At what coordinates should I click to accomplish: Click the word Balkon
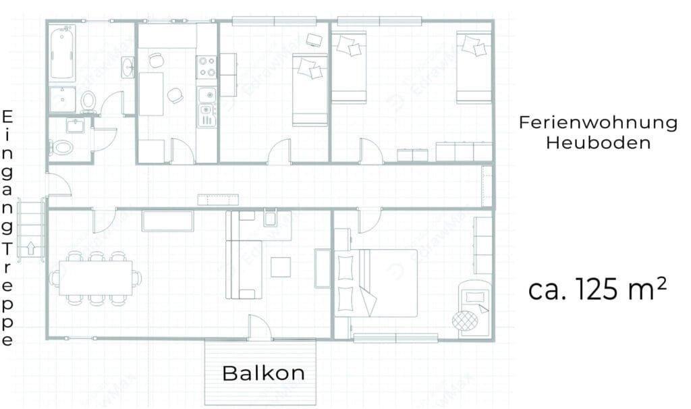click(264, 373)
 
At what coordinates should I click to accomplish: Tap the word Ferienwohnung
click(598, 123)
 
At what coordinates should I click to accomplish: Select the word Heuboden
click(598, 143)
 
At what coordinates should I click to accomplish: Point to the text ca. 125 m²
click(597, 289)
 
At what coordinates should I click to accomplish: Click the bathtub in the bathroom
click(62, 52)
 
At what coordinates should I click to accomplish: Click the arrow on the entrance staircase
click(31, 248)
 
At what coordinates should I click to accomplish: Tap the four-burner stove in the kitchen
click(206, 67)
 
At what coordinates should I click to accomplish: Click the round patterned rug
click(464, 320)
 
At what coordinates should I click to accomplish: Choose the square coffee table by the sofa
click(281, 267)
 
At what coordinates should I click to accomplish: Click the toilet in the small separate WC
click(61, 146)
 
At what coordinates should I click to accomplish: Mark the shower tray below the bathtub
click(62, 99)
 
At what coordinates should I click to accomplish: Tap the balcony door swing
click(260, 327)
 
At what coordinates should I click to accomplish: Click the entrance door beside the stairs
click(59, 184)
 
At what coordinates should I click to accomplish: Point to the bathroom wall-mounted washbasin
click(128, 67)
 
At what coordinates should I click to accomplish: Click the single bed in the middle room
click(310, 90)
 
